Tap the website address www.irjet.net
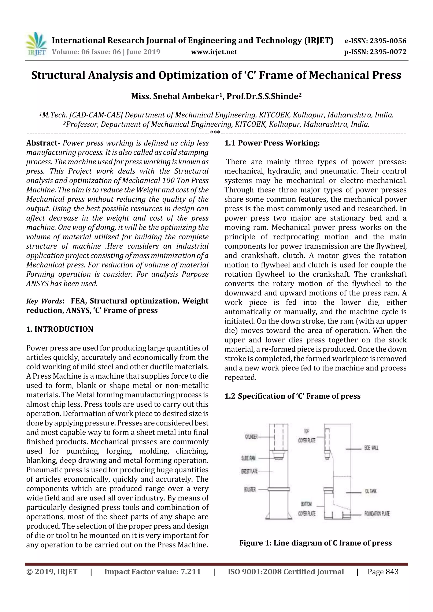pyautogui.click(x=214, y=52)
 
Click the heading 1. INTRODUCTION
pyautogui.click(x=60, y=329)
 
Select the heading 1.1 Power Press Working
pyautogui.click(x=272, y=143)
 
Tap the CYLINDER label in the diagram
pyautogui.click(x=251, y=437)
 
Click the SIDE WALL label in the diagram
pyautogui.click(x=371, y=448)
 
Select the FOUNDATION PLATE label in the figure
pyautogui.click(x=377, y=514)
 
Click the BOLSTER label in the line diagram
pyautogui.click(x=250, y=489)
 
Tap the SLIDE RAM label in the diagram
pyautogui.click(x=248, y=458)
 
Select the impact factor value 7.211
pyautogui.click(x=190, y=572)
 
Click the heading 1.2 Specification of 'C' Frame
pyautogui.click(x=292, y=396)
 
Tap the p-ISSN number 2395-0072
pyautogui.click(x=388, y=52)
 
